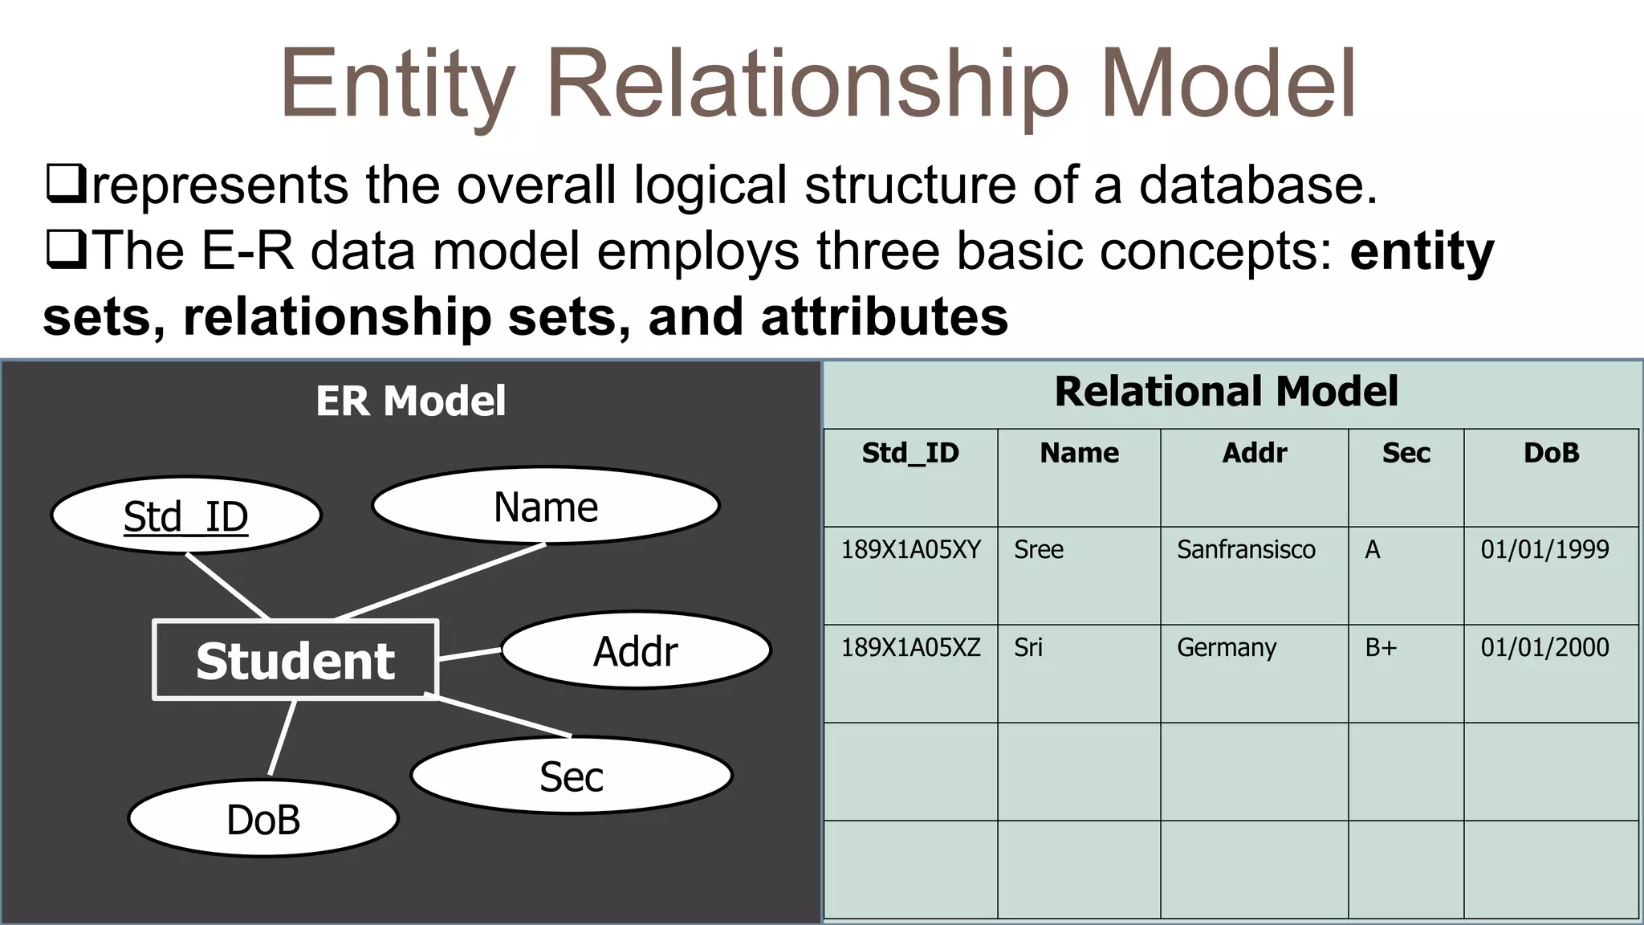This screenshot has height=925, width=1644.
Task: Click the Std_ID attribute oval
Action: [186, 515]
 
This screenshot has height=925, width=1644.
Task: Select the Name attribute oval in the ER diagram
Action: [546, 506]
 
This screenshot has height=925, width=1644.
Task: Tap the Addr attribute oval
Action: [636, 650]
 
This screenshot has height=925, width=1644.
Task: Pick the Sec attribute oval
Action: [572, 776]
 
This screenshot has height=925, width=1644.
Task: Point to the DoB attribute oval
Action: [263, 819]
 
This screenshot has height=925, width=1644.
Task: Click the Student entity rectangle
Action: [295, 660]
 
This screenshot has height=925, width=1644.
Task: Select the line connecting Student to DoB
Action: [282, 738]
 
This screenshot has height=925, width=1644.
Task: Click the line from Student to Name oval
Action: [440, 582]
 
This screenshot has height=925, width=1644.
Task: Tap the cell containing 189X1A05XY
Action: [910, 550]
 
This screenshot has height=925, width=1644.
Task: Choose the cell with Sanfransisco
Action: [1246, 550]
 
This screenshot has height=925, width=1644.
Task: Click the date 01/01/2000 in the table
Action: [1544, 647]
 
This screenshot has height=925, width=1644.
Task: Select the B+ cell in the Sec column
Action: [1381, 647]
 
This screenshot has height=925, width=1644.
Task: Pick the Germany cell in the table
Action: [1227, 647]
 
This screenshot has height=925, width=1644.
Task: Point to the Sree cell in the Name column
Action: [1038, 550]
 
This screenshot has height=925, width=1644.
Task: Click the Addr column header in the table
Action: [1254, 454]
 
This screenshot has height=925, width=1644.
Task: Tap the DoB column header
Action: [1551, 454]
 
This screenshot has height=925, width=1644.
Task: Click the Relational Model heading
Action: [1226, 392]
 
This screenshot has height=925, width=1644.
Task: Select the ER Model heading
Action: [410, 401]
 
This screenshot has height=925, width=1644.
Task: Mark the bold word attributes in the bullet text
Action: [884, 316]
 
